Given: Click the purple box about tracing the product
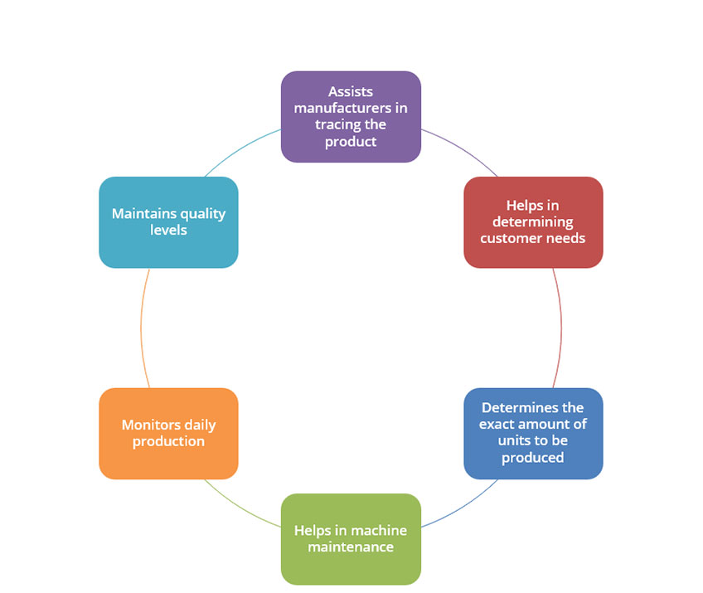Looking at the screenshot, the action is pyautogui.click(x=351, y=117).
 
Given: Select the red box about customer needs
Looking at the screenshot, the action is pyautogui.click(x=533, y=222).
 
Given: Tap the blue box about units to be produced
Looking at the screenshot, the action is pyautogui.click(x=533, y=433).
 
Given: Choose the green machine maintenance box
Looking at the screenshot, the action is pyautogui.click(x=351, y=539).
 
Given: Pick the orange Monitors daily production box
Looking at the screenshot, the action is pyautogui.click(x=168, y=433).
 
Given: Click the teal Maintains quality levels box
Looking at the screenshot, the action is pyautogui.click(x=168, y=222).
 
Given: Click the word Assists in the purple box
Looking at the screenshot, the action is pyautogui.click(x=351, y=91).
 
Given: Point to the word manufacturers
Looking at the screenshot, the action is pyautogui.click(x=337, y=108).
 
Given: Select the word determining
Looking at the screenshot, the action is pyautogui.click(x=532, y=222).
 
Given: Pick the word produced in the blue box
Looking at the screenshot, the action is pyautogui.click(x=532, y=458).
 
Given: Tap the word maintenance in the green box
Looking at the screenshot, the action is pyautogui.click(x=351, y=547).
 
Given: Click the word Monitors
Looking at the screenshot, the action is pyautogui.click(x=151, y=425).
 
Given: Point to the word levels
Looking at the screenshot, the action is pyautogui.click(x=168, y=230).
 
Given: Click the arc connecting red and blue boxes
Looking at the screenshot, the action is pyautogui.click(x=561, y=328).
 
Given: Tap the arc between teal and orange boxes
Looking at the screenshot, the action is pyautogui.click(x=141, y=328).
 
